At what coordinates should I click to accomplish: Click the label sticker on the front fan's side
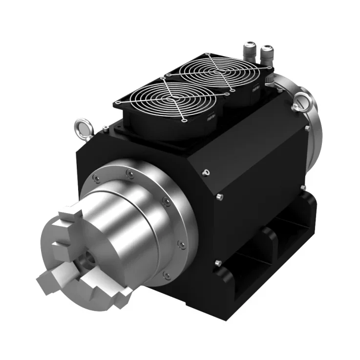212,119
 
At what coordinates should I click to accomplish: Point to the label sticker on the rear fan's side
256,90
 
